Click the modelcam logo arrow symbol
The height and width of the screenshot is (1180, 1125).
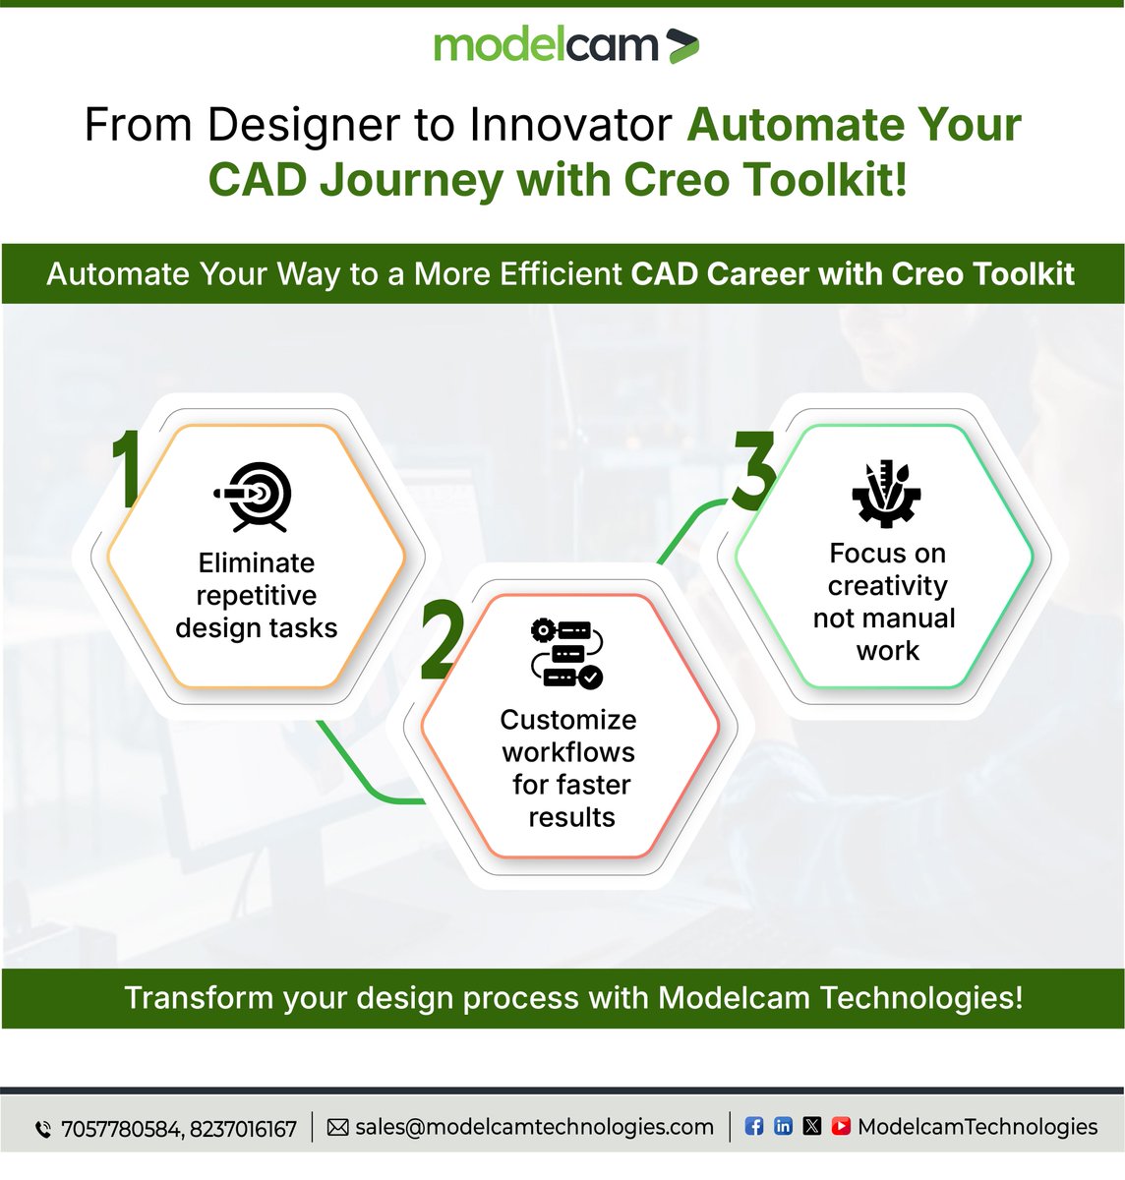pyautogui.click(x=681, y=46)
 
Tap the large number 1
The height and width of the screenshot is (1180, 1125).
pyautogui.click(x=126, y=470)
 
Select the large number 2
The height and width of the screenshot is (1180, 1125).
pyautogui.click(x=441, y=641)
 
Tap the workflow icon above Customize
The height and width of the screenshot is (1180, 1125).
pyautogui.click(x=567, y=652)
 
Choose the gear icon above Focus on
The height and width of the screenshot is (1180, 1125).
pyautogui.click(x=885, y=493)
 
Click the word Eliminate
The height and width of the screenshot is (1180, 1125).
pyautogui.click(x=257, y=562)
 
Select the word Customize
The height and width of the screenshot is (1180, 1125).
pyautogui.click(x=568, y=720)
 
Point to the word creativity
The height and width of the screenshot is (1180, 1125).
pyautogui.click(x=887, y=586)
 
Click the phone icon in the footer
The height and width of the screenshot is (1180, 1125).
pyautogui.click(x=43, y=1129)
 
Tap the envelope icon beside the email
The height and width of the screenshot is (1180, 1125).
pyautogui.click(x=337, y=1127)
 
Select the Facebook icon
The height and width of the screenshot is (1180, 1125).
pyautogui.click(x=754, y=1126)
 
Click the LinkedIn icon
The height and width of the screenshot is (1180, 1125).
pyautogui.click(x=783, y=1126)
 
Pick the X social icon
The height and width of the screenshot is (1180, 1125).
pyautogui.click(x=811, y=1126)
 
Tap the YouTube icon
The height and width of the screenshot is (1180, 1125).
pyautogui.click(x=841, y=1126)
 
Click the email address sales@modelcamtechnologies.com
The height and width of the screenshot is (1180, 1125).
pyautogui.click(x=534, y=1127)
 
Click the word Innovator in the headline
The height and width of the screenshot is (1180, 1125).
pyautogui.click(x=570, y=125)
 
